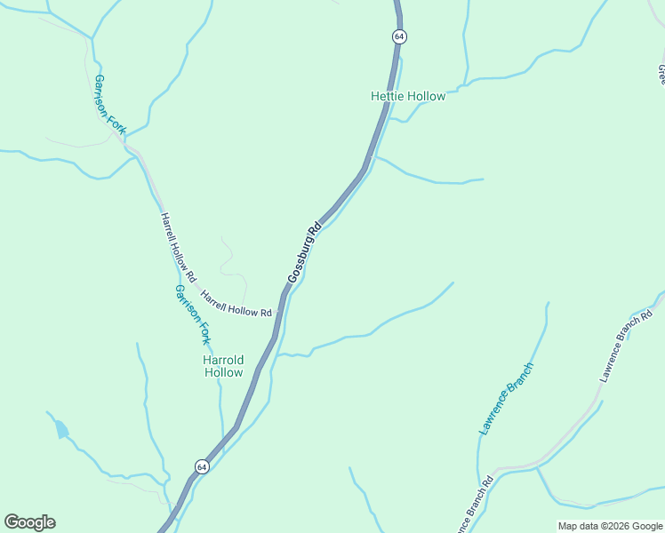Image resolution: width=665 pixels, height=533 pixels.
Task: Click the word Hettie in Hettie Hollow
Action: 388,96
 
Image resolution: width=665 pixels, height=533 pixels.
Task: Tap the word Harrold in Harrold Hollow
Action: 223,360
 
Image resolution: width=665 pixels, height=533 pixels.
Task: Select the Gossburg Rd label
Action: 303,255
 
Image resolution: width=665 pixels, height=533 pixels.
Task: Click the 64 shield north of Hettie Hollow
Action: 398,36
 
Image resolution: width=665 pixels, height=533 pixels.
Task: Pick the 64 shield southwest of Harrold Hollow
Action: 203,466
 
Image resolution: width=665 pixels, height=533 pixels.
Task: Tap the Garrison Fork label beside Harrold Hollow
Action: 192,314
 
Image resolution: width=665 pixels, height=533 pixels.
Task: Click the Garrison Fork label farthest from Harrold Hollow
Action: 110,105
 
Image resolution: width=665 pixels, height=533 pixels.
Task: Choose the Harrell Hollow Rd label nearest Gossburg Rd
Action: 236,305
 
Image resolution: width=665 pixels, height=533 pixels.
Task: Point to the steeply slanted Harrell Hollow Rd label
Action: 177,242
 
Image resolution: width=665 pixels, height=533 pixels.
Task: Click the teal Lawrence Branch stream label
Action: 506,398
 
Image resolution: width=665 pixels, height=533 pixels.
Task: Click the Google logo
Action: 29,522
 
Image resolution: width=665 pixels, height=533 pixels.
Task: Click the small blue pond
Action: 60,430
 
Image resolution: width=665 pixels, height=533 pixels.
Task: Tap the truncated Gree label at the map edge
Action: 661,73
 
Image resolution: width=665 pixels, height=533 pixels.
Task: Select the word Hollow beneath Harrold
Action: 223,373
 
